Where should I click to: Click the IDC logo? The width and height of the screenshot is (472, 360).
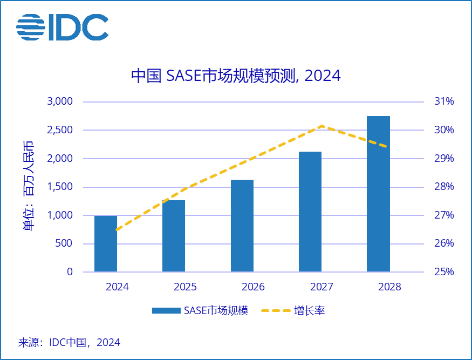click(62, 27)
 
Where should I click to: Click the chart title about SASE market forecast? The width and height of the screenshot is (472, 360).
click(236, 76)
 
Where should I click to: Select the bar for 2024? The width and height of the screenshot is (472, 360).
click(106, 243)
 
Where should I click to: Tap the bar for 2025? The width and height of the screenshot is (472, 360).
click(174, 236)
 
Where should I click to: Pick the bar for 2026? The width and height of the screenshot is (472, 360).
click(242, 226)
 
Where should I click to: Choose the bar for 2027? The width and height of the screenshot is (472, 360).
click(310, 212)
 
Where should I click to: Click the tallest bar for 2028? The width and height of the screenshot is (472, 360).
click(378, 194)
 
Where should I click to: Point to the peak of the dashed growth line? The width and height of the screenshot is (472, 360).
click(322, 126)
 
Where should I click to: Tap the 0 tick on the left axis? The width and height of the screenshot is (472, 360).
click(70, 272)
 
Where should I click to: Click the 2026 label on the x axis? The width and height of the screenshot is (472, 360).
click(254, 287)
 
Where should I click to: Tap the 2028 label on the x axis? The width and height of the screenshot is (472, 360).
click(390, 287)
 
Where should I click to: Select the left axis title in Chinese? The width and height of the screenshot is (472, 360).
click(28, 186)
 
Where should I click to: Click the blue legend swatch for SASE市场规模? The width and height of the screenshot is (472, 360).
click(166, 311)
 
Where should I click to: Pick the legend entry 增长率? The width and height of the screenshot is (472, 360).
click(309, 311)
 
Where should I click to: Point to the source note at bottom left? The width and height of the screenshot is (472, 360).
click(69, 342)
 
